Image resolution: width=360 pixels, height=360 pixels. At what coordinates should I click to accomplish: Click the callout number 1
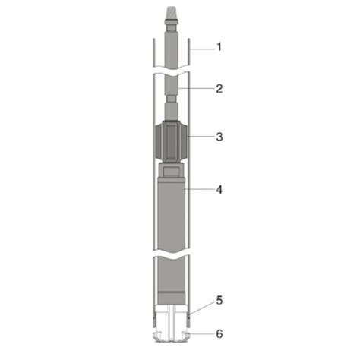[219, 47]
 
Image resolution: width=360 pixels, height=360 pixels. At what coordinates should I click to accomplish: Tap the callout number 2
[219, 89]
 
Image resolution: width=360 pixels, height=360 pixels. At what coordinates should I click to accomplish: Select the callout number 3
[219, 137]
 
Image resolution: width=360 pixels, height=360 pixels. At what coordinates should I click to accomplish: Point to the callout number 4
[219, 189]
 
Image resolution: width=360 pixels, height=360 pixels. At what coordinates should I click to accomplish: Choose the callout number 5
[219, 300]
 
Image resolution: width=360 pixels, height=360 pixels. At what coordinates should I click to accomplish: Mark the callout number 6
[219, 333]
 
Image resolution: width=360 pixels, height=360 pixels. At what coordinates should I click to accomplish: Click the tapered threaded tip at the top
[171, 14]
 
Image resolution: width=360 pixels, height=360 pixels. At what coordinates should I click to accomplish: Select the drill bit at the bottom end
[171, 335]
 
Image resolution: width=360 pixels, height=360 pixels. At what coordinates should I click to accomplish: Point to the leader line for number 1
[201, 48]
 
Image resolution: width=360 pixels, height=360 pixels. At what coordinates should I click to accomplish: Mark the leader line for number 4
[199, 189]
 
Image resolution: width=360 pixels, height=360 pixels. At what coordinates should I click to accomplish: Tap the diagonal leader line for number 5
[201, 306]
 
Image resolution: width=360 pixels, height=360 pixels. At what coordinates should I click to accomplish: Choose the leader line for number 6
[201, 333]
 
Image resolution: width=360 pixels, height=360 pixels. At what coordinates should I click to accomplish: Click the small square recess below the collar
[172, 177]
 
